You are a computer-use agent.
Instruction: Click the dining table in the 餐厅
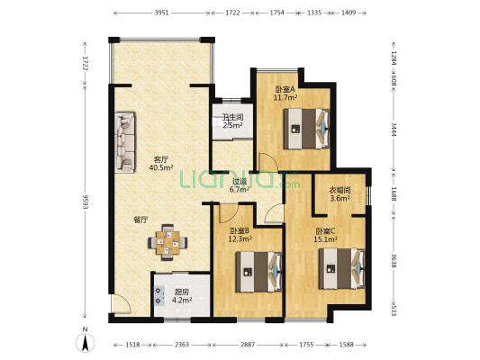tap(168, 242)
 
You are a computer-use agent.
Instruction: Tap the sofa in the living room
tap(125, 142)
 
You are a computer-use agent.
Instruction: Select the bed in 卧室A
tap(306, 129)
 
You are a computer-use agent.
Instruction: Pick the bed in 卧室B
tap(258, 272)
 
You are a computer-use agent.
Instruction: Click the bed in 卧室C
tap(342, 268)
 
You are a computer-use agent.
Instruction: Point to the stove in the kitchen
tap(159, 295)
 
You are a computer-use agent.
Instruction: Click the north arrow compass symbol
tap(85, 339)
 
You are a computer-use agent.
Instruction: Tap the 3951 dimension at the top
tap(161, 13)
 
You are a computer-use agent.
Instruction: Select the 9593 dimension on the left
tap(85, 202)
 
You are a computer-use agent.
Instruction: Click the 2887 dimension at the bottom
tap(248, 345)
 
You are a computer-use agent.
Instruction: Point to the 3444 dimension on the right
tap(394, 130)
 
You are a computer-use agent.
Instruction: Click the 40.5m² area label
tap(161, 167)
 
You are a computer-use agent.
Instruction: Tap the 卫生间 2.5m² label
tap(232, 121)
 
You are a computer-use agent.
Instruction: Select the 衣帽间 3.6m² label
tap(340, 194)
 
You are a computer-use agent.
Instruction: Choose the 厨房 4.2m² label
tap(182, 296)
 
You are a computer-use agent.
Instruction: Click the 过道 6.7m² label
tap(240, 185)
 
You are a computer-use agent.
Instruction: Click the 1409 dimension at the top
tap(349, 13)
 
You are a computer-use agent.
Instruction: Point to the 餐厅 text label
tap(140, 220)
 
